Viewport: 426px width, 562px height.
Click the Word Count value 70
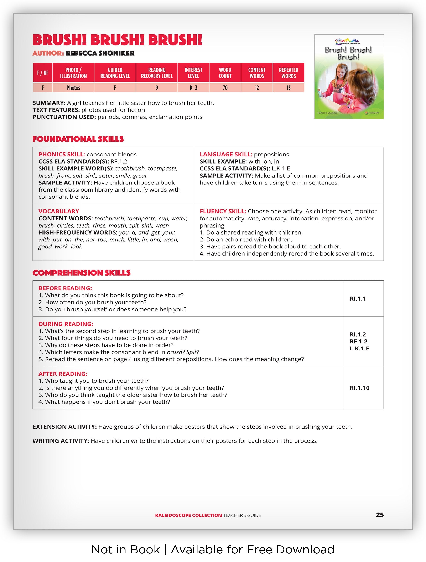(225, 88)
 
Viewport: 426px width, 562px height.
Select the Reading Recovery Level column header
(157, 73)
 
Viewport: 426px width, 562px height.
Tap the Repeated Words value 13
(289, 88)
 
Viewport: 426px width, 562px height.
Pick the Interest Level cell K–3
(193, 88)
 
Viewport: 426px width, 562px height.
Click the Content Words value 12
(257, 88)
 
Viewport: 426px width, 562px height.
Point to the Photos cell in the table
(73, 88)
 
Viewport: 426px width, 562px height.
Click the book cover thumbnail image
(349, 77)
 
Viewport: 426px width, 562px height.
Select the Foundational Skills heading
(78, 139)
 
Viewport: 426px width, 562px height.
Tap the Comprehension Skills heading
(81, 273)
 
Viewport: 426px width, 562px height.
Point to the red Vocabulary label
(59, 211)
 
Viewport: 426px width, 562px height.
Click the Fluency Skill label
(223, 211)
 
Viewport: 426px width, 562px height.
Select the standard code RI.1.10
(359, 388)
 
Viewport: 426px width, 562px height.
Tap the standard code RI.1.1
(358, 299)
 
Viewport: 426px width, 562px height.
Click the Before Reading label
(65, 288)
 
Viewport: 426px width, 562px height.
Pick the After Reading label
(63, 374)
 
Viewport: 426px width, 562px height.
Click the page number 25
(380, 515)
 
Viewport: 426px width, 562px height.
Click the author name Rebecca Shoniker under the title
(100, 53)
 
